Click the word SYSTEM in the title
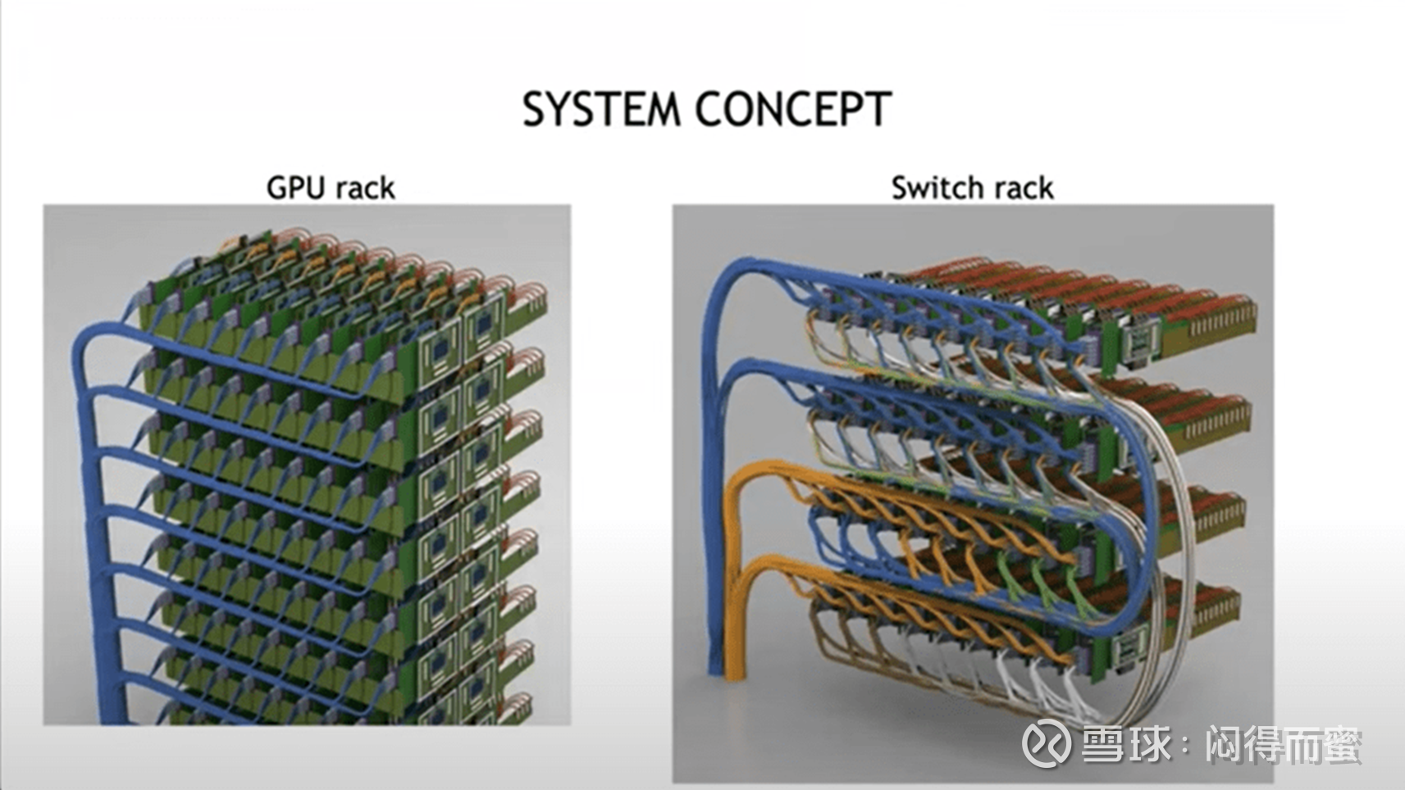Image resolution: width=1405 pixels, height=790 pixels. pos(601,109)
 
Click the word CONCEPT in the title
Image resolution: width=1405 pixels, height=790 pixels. pos(793,109)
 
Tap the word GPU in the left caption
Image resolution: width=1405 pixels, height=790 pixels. pos(297,188)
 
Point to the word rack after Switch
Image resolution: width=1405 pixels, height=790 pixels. pos(1023,188)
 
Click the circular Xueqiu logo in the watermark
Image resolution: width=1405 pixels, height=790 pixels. pos(1046,743)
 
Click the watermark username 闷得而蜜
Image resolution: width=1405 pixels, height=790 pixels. pos(1284,744)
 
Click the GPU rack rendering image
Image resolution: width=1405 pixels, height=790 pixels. pos(307,465)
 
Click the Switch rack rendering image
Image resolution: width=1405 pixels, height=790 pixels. pos(973,493)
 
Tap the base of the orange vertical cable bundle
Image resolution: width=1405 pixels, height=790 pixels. pos(735,674)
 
